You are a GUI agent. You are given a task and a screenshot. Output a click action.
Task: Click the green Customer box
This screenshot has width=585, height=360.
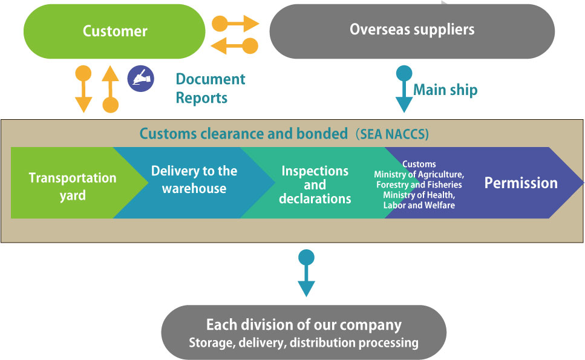pos(114,31)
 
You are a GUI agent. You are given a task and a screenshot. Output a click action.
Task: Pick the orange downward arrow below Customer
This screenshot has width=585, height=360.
pos(83,88)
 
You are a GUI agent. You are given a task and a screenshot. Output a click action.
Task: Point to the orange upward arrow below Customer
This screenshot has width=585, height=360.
pos(110,88)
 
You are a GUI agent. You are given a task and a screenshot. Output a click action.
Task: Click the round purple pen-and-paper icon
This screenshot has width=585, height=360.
pos(140,79)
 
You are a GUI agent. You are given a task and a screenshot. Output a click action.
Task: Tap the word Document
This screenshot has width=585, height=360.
pos(211,79)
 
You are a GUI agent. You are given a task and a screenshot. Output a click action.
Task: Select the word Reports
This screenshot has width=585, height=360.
pos(201,98)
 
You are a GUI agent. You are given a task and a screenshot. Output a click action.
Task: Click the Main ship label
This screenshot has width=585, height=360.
pos(445,90)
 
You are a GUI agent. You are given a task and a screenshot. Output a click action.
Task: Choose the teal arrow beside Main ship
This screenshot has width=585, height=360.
pos(404,88)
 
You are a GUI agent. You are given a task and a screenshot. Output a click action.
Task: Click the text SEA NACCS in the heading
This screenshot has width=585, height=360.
pos(394,134)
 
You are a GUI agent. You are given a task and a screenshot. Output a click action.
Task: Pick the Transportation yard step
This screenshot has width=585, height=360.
pos(72,186)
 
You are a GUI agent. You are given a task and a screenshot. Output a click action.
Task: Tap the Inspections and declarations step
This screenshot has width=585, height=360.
pos(315,184)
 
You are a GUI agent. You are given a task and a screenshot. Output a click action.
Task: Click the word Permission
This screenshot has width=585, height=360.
pos(521,183)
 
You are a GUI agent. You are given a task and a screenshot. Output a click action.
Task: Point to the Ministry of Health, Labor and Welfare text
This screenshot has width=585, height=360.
pos(419,201)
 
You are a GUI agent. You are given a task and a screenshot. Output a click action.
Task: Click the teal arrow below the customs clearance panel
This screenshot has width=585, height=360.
pos(307,273)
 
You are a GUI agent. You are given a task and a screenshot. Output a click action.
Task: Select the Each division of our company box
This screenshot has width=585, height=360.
pos(304,333)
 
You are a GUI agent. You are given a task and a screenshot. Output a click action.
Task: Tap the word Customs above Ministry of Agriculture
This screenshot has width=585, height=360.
pos(419,164)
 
